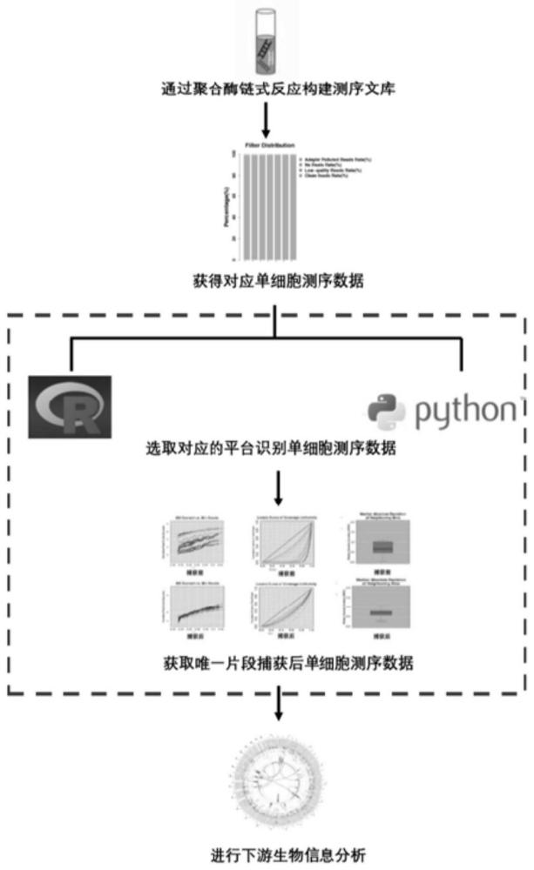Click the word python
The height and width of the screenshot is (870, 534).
466,412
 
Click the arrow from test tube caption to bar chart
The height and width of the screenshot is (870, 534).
268,115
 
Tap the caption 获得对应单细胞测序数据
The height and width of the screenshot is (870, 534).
267,282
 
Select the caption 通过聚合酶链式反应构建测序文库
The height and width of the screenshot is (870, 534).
267,87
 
